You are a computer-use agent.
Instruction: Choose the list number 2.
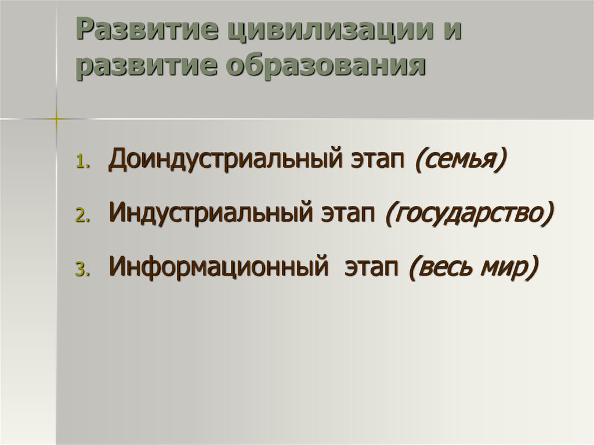pyautogui.click(x=81, y=216)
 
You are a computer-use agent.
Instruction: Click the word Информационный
pyautogui.click(x=215, y=266)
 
